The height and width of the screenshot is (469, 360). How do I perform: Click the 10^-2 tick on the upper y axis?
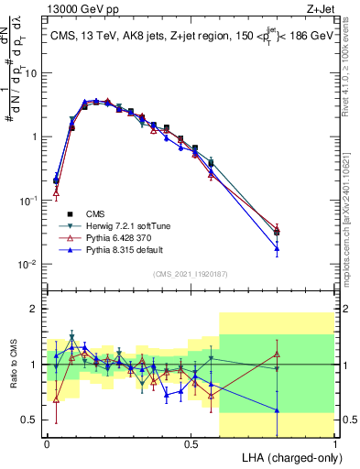[x=29, y=265]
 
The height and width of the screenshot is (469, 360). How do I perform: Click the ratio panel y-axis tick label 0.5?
[x=31, y=420]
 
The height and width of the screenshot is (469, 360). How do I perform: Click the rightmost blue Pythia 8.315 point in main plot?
[x=278, y=248]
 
